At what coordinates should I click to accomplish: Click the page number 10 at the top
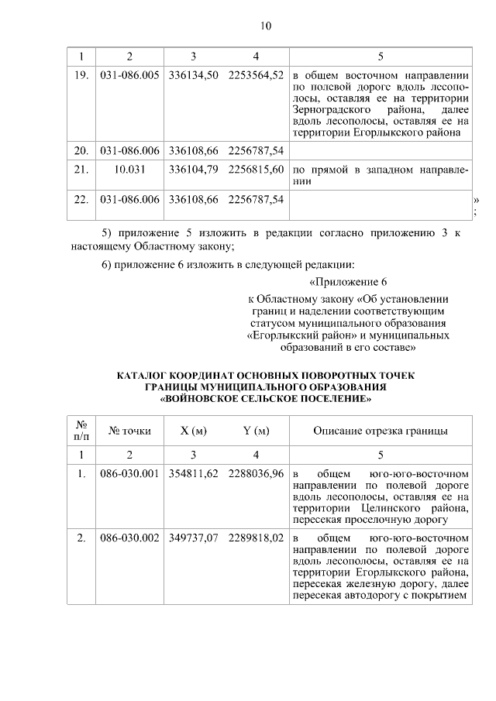[265, 26]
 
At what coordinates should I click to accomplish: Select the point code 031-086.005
[129, 77]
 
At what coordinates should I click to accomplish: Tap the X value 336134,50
[193, 77]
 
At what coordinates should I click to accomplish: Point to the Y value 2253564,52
[256, 77]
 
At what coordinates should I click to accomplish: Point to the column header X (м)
[193, 431]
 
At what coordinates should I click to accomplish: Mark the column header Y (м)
[256, 431]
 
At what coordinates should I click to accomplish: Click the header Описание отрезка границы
[380, 431]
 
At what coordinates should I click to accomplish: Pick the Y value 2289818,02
[256, 538]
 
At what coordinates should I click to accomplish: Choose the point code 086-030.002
[129, 538]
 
